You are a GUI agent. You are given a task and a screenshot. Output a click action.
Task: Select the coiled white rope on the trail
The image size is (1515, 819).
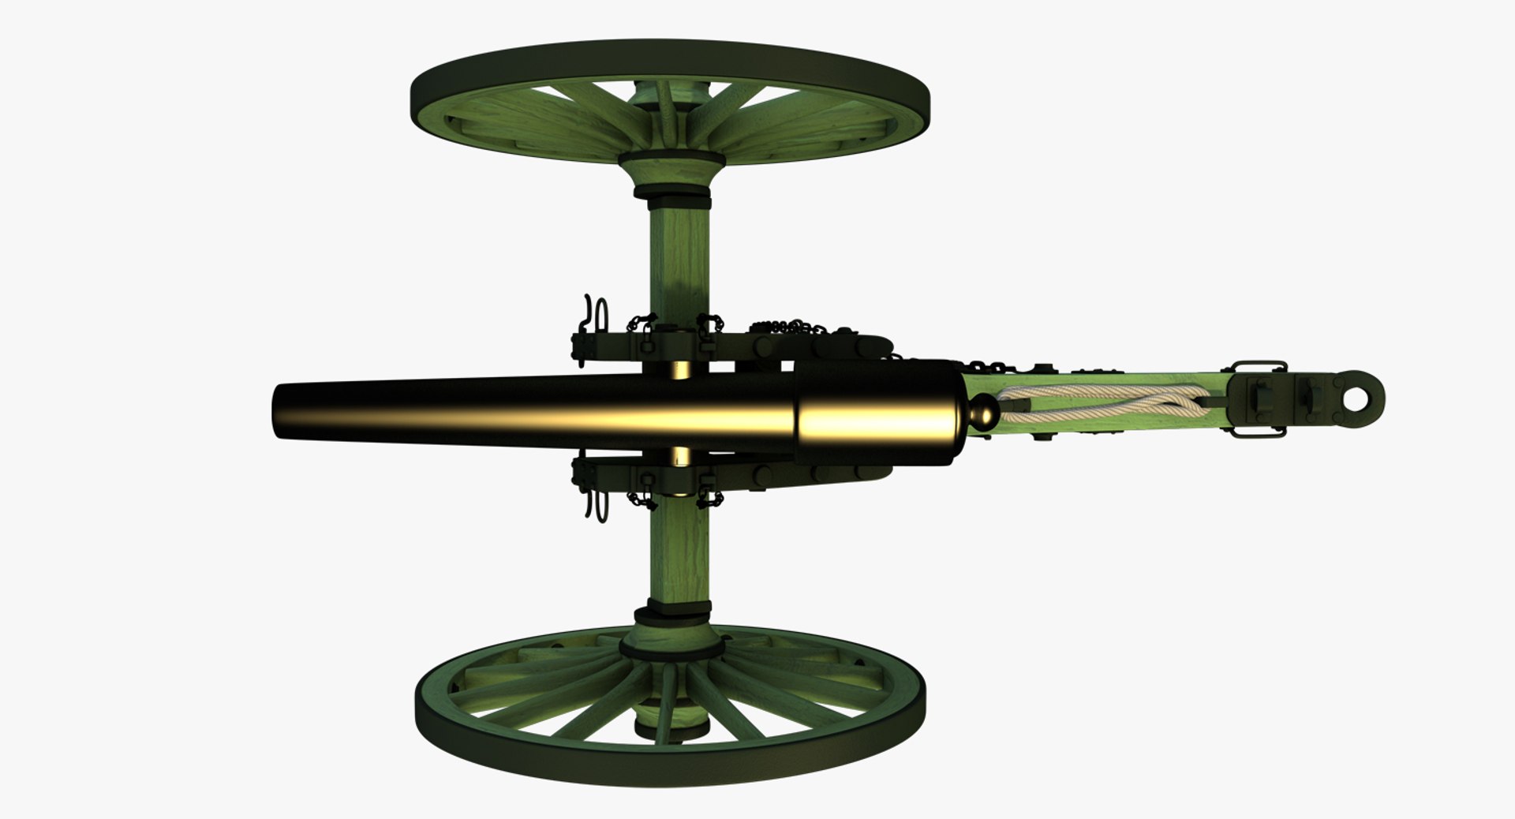(x=1105, y=402)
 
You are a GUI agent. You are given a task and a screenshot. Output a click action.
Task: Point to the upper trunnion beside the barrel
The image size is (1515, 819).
(x=681, y=369)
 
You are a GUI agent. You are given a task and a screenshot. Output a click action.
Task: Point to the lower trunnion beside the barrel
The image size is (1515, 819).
(x=681, y=456)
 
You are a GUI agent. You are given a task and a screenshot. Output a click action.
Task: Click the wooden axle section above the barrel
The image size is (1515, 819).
(x=679, y=260)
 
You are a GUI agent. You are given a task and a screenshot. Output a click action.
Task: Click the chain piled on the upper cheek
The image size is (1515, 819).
(x=789, y=327)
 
